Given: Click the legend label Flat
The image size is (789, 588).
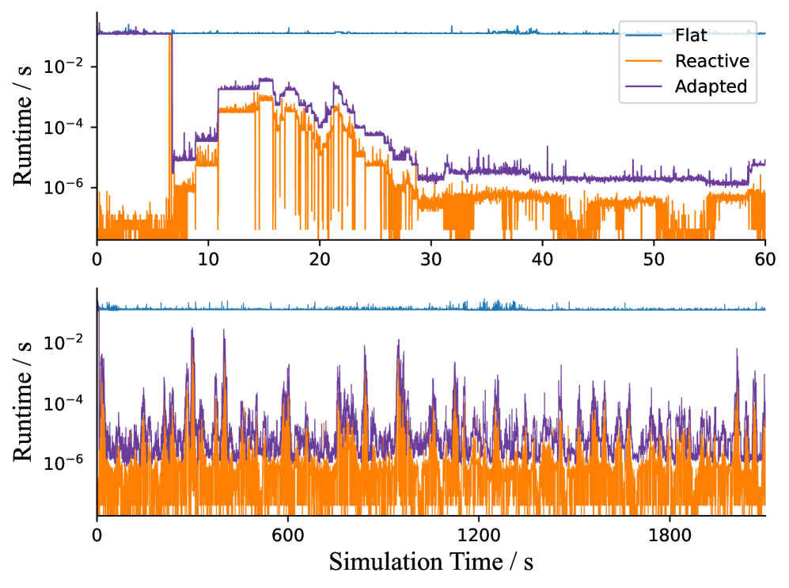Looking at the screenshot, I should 691,35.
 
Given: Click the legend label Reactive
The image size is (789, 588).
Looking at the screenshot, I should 711,61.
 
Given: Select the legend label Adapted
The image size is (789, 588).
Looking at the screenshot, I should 711,87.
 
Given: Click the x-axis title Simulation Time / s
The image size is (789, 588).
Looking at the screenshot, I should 431,563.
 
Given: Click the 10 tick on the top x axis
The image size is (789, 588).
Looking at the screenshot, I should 208,258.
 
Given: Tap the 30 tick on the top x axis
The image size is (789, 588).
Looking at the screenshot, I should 431,258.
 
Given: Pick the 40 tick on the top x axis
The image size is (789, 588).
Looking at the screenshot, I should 542,258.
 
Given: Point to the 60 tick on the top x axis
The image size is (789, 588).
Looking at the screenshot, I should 765,258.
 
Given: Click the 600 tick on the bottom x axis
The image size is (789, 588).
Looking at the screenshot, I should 287,534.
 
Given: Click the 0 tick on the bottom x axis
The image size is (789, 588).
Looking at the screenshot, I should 97,534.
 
